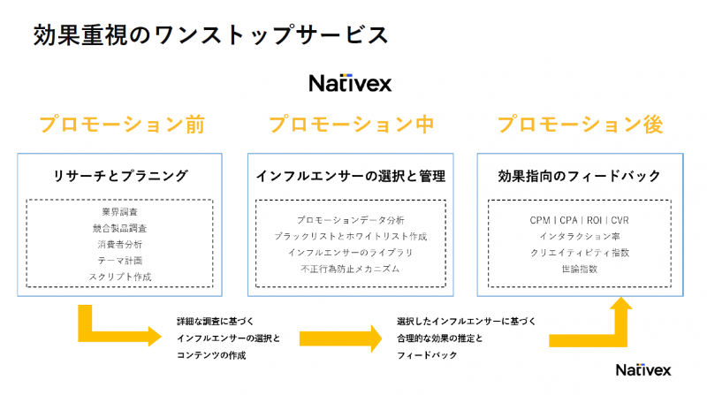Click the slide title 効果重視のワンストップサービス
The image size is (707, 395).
point(210,35)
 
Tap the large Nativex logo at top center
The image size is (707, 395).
point(350,83)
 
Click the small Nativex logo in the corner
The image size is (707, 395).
point(643,370)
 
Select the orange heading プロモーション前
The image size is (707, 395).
point(122,125)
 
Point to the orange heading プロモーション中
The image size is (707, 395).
point(352,125)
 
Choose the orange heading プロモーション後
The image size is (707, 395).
point(581,125)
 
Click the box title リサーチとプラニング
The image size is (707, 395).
point(120,176)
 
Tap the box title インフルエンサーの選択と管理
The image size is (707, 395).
point(351,176)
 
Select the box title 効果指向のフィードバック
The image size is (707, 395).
point(580,176)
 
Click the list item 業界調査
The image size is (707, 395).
point(120,212)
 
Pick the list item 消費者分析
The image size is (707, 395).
point(120,245)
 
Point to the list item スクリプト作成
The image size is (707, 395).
point(120,277)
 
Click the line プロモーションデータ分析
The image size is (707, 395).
point(351,220)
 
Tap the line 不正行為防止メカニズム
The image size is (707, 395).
point(350,269)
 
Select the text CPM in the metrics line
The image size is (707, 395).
point(540,220)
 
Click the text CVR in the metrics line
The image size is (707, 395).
point(620,220)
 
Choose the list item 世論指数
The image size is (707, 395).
point(580,269)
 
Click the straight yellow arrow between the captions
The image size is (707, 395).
point(341,338)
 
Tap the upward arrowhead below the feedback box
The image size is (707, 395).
point(621,303)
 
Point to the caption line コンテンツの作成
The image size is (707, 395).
point(211,355)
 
